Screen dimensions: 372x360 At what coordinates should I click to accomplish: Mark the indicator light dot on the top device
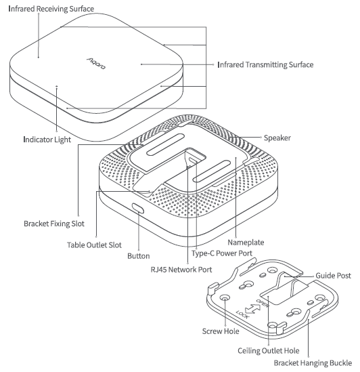click(x=58, y=87)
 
